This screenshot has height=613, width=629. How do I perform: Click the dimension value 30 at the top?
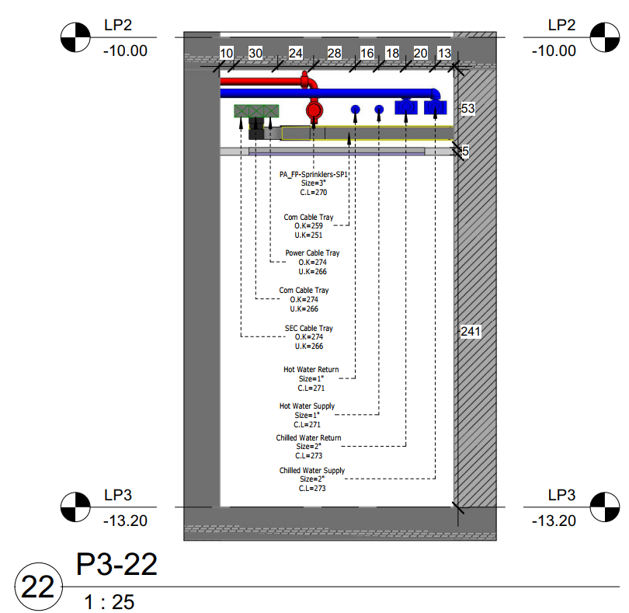pos(255,53)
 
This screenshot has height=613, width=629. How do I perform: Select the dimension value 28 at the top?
pos(334,53)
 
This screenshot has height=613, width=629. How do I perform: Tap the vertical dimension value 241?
pos(471,331)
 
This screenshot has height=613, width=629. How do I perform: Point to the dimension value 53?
pos(467,109)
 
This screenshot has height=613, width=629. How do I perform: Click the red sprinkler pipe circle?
pos(314,110)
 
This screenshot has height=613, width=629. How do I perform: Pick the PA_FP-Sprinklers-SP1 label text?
pos(313,174)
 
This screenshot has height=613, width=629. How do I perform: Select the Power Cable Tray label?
pos(312,253)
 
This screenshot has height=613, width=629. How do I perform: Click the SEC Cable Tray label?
pos(309,328)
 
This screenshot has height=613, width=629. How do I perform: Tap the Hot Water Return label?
pos(311,369)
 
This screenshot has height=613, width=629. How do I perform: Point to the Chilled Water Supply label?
pos(312,470)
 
